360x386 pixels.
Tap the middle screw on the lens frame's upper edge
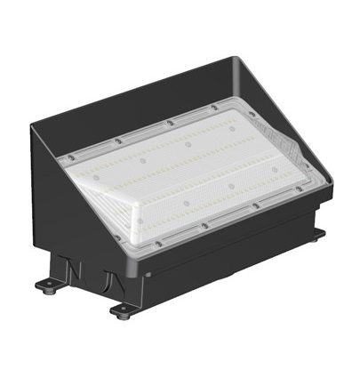pos(168,123)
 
